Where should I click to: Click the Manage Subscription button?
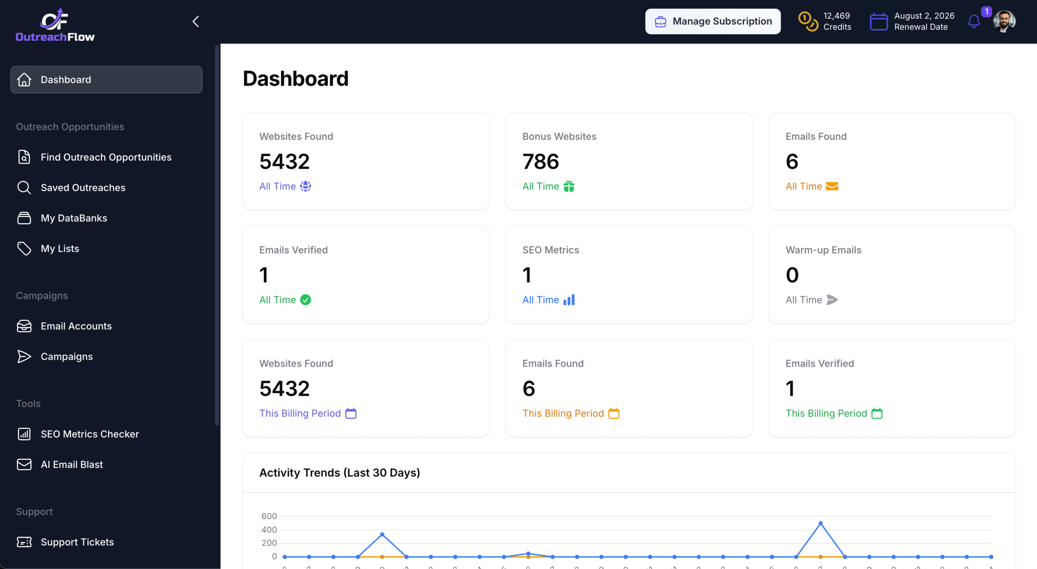click(713, 21)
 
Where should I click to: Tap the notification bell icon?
click(974, 21)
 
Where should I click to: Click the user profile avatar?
click(1004, 21)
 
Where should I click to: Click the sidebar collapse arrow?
click(196, 21)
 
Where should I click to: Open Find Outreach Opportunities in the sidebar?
click(106, 157)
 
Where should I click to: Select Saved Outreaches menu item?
click(83, 187)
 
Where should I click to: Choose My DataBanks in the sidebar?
click(74, 218)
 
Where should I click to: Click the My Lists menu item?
click(60, 248)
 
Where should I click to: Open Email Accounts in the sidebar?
click(76, 326)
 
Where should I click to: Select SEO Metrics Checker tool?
click(90, 434)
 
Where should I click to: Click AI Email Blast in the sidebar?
click(72, 464)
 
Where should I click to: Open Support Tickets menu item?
click(77, 542)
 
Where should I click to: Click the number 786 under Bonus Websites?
click(540, 161)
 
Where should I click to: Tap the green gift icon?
click(569, 186)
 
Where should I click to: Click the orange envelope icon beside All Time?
click(832, 186)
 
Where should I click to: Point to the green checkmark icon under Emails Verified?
click(305, 300)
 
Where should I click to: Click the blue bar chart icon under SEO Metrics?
click(569, 300)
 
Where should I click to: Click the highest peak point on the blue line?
click(820, 523)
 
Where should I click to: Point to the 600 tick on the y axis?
click(269, 516)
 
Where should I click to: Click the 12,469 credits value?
click(836, 16)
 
